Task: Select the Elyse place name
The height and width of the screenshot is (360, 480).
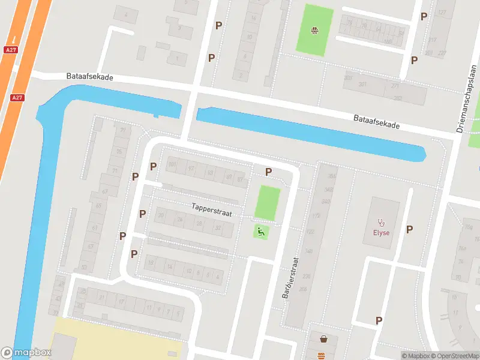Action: coord(381,233)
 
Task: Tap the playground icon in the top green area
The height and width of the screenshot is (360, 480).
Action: coord(314,31)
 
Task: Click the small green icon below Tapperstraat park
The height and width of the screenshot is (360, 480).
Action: coord(261,231)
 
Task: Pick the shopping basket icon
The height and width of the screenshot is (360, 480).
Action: coord(324,339)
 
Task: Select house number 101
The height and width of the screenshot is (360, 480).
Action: coord(173,164)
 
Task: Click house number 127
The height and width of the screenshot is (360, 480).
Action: coord(442,13)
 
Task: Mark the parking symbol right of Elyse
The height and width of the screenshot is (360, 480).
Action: coord(410,229)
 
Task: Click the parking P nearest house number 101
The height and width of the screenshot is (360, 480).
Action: coord(154,166)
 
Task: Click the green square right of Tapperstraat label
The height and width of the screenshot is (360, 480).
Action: coord(268,203)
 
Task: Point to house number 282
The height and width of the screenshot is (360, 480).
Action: coord(396,98)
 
